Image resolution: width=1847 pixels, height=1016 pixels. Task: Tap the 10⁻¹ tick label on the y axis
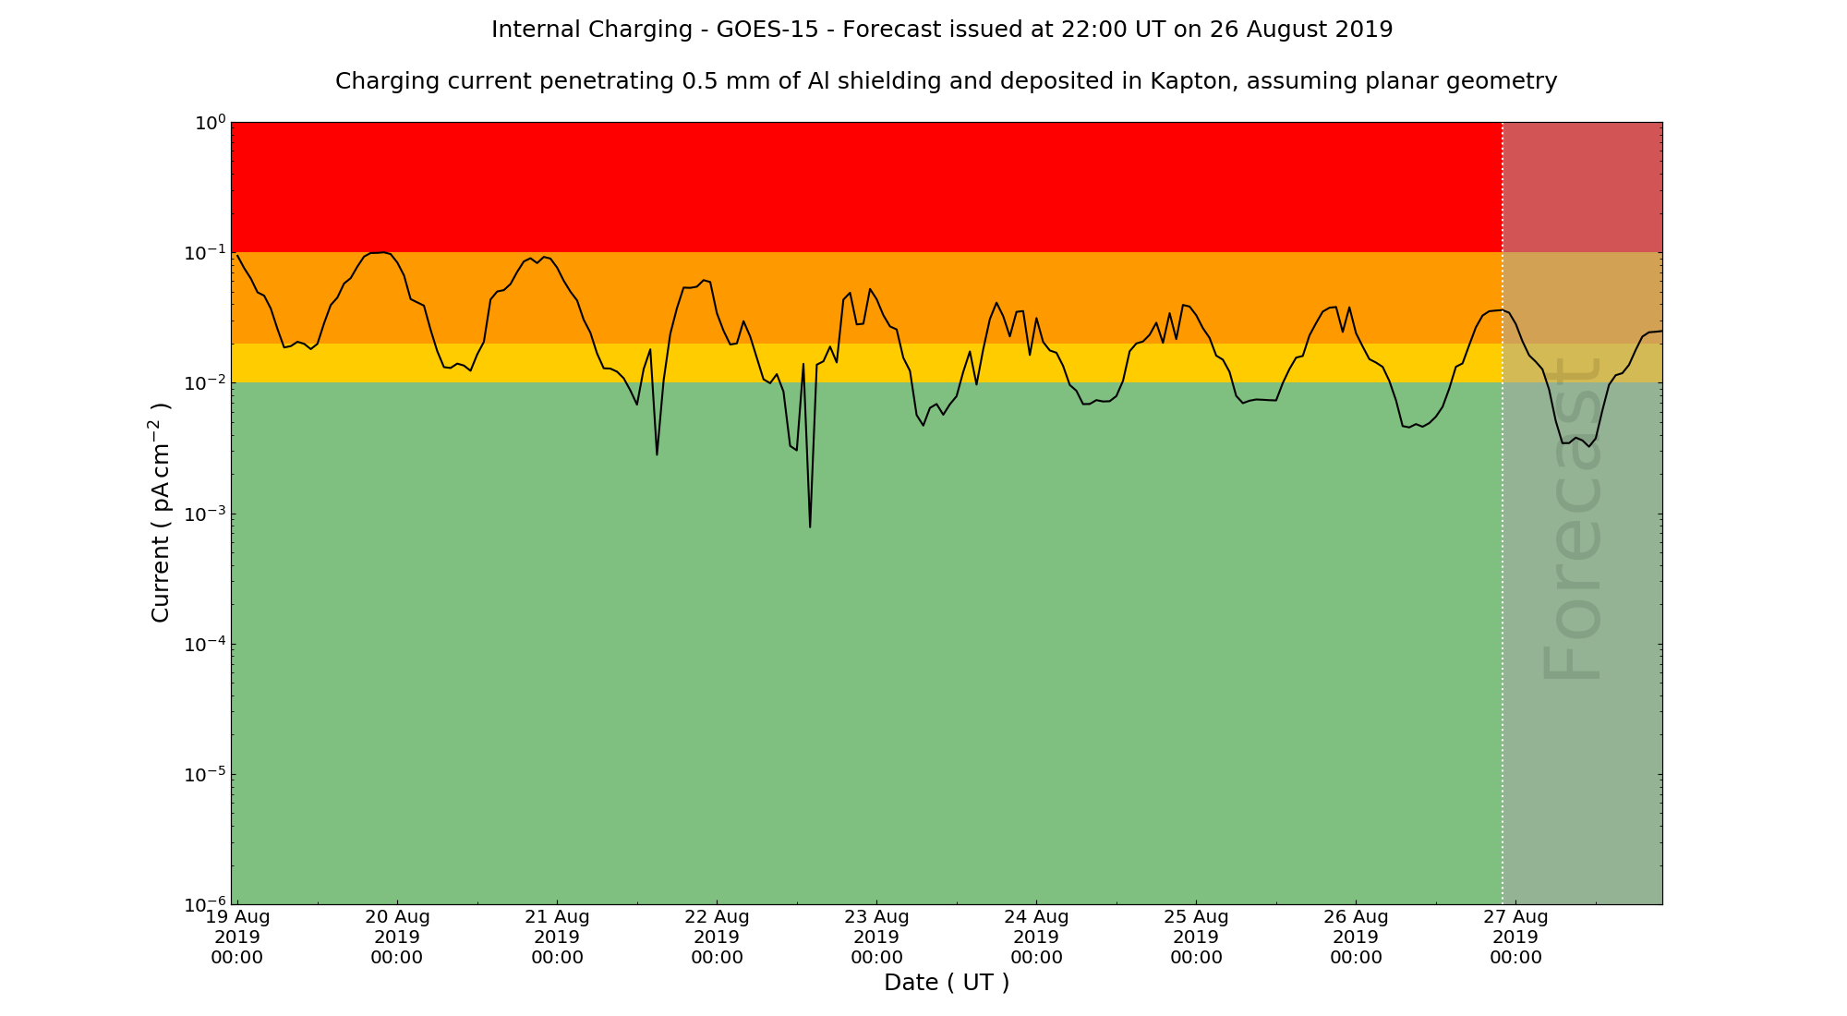[x=205, y=252]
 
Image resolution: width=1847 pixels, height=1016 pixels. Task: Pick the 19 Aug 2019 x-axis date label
[x=237, y=937]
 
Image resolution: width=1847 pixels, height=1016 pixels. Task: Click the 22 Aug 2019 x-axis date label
[x=717, y=937]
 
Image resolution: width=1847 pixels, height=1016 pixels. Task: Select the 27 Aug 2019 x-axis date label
[x=1515, y=937]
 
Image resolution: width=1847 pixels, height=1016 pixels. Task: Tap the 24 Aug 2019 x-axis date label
[x=1036, y=937]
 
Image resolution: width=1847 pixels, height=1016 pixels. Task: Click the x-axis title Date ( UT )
[x=946, y=983]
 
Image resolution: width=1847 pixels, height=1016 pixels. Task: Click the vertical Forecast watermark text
[x=1570, y=517]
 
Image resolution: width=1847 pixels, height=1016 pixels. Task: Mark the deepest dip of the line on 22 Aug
[x=810, y=526]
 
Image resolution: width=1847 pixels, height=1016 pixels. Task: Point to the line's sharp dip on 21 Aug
[x=657, y=454]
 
